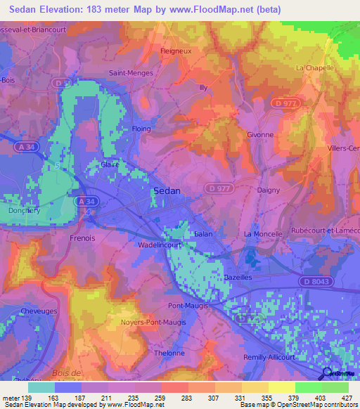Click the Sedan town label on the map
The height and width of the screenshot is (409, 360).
click(167, 190)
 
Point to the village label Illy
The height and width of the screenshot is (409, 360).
click(204, 88)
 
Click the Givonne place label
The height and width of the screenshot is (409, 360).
click(260, 134)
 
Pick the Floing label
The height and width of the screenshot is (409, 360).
click(142, 129)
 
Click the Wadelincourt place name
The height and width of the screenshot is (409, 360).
click(160, 246)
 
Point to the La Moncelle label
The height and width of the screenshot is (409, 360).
click(262, 233)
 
